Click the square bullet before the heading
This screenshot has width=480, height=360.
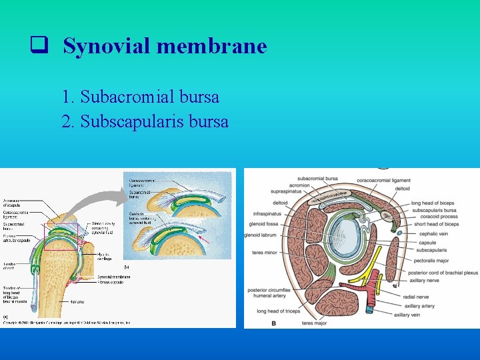38,46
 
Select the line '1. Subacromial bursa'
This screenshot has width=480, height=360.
139,97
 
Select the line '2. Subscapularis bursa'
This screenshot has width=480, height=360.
145,122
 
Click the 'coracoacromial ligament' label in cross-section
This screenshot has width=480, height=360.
383,180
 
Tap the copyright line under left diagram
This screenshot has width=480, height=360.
67,323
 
